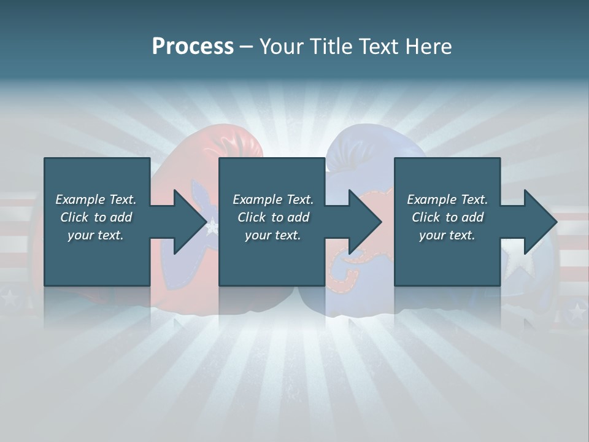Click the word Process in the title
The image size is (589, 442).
pyautogui.click(x=193, y=47)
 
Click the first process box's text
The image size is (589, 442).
pyautogui.click(x=96, y=217)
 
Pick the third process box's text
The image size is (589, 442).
pyautogui.click(x=447, y=217)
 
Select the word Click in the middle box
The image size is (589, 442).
pyautogui.click(x=250, y=217)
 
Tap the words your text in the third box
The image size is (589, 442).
pyautogui.click(x=447, y=235)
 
